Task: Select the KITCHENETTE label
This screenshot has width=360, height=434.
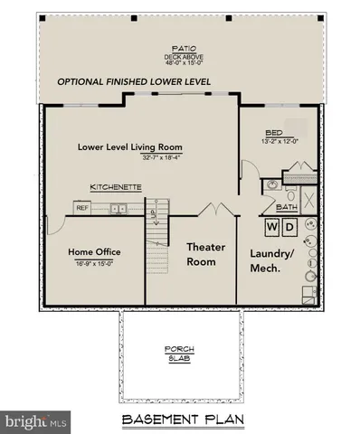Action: (x=115, y=187)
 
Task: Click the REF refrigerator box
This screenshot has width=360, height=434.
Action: (x=82, y=207)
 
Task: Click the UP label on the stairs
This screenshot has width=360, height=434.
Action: (x=154, y=214)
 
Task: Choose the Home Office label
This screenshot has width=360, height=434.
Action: (x=95, y=251)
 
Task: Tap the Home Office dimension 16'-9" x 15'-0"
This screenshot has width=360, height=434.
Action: (x=95, y=262)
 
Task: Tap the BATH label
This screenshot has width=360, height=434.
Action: (x=287, y=207)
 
